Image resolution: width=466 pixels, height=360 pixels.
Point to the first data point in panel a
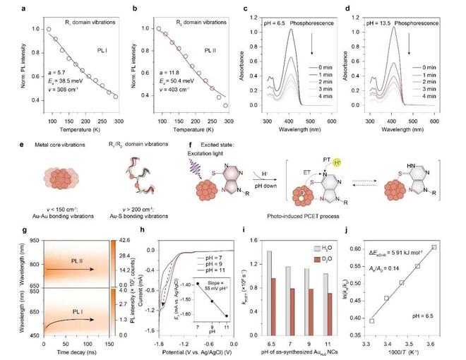(x=49, y=30)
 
